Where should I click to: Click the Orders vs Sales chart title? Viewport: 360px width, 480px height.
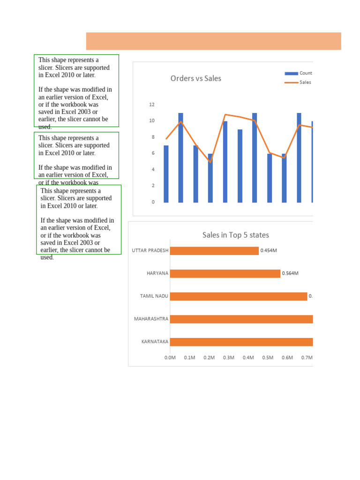click(x=195, y=78)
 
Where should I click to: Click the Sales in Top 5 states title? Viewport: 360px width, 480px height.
click(x=235, y=235)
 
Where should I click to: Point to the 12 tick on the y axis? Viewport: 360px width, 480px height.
click(x=152, y=105)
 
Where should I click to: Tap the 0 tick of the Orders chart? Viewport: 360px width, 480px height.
click(x=153, y=202)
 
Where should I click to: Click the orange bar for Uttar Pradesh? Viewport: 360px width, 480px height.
click(x=214, y=251)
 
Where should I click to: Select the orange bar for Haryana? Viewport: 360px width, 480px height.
click(x=225, y=273)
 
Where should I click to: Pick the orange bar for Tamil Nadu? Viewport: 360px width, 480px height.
click(x=238, y=296)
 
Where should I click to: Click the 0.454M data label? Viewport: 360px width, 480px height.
click(x=269, y=250)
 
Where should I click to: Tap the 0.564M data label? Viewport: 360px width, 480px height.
click(x=290, y=273)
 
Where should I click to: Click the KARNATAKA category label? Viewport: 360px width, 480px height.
click(x=155, y=342)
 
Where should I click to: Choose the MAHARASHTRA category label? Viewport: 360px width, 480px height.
click(x=151, y=319)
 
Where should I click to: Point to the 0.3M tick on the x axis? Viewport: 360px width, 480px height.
click(x=229, y=358)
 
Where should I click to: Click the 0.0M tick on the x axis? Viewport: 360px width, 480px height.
click(x=170, y=358)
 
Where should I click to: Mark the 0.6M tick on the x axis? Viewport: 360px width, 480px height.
click(x=287, y=358)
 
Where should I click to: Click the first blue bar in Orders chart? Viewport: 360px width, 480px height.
click(x=166, y=174)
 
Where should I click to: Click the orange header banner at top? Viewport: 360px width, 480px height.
click(x=213, y=41)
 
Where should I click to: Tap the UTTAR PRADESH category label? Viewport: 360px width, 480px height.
click(x=150, y=251)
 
